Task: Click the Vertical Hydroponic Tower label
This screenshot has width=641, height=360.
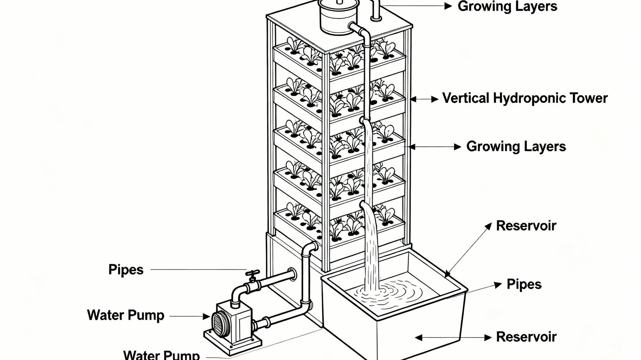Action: tap(525, 99)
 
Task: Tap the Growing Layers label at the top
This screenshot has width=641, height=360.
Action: tap(507, 7)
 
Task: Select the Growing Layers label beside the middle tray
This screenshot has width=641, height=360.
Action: tap(516, 147)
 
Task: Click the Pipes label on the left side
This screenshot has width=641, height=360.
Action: tap(126, 270)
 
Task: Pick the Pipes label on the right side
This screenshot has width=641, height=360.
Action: tap(524, 284)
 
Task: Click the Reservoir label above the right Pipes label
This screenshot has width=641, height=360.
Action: tap(526, 226)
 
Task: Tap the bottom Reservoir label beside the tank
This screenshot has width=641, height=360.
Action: tap(526, 337)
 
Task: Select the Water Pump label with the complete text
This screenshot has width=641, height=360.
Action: tap(126, 316)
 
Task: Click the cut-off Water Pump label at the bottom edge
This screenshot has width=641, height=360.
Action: tap(161, 354)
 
